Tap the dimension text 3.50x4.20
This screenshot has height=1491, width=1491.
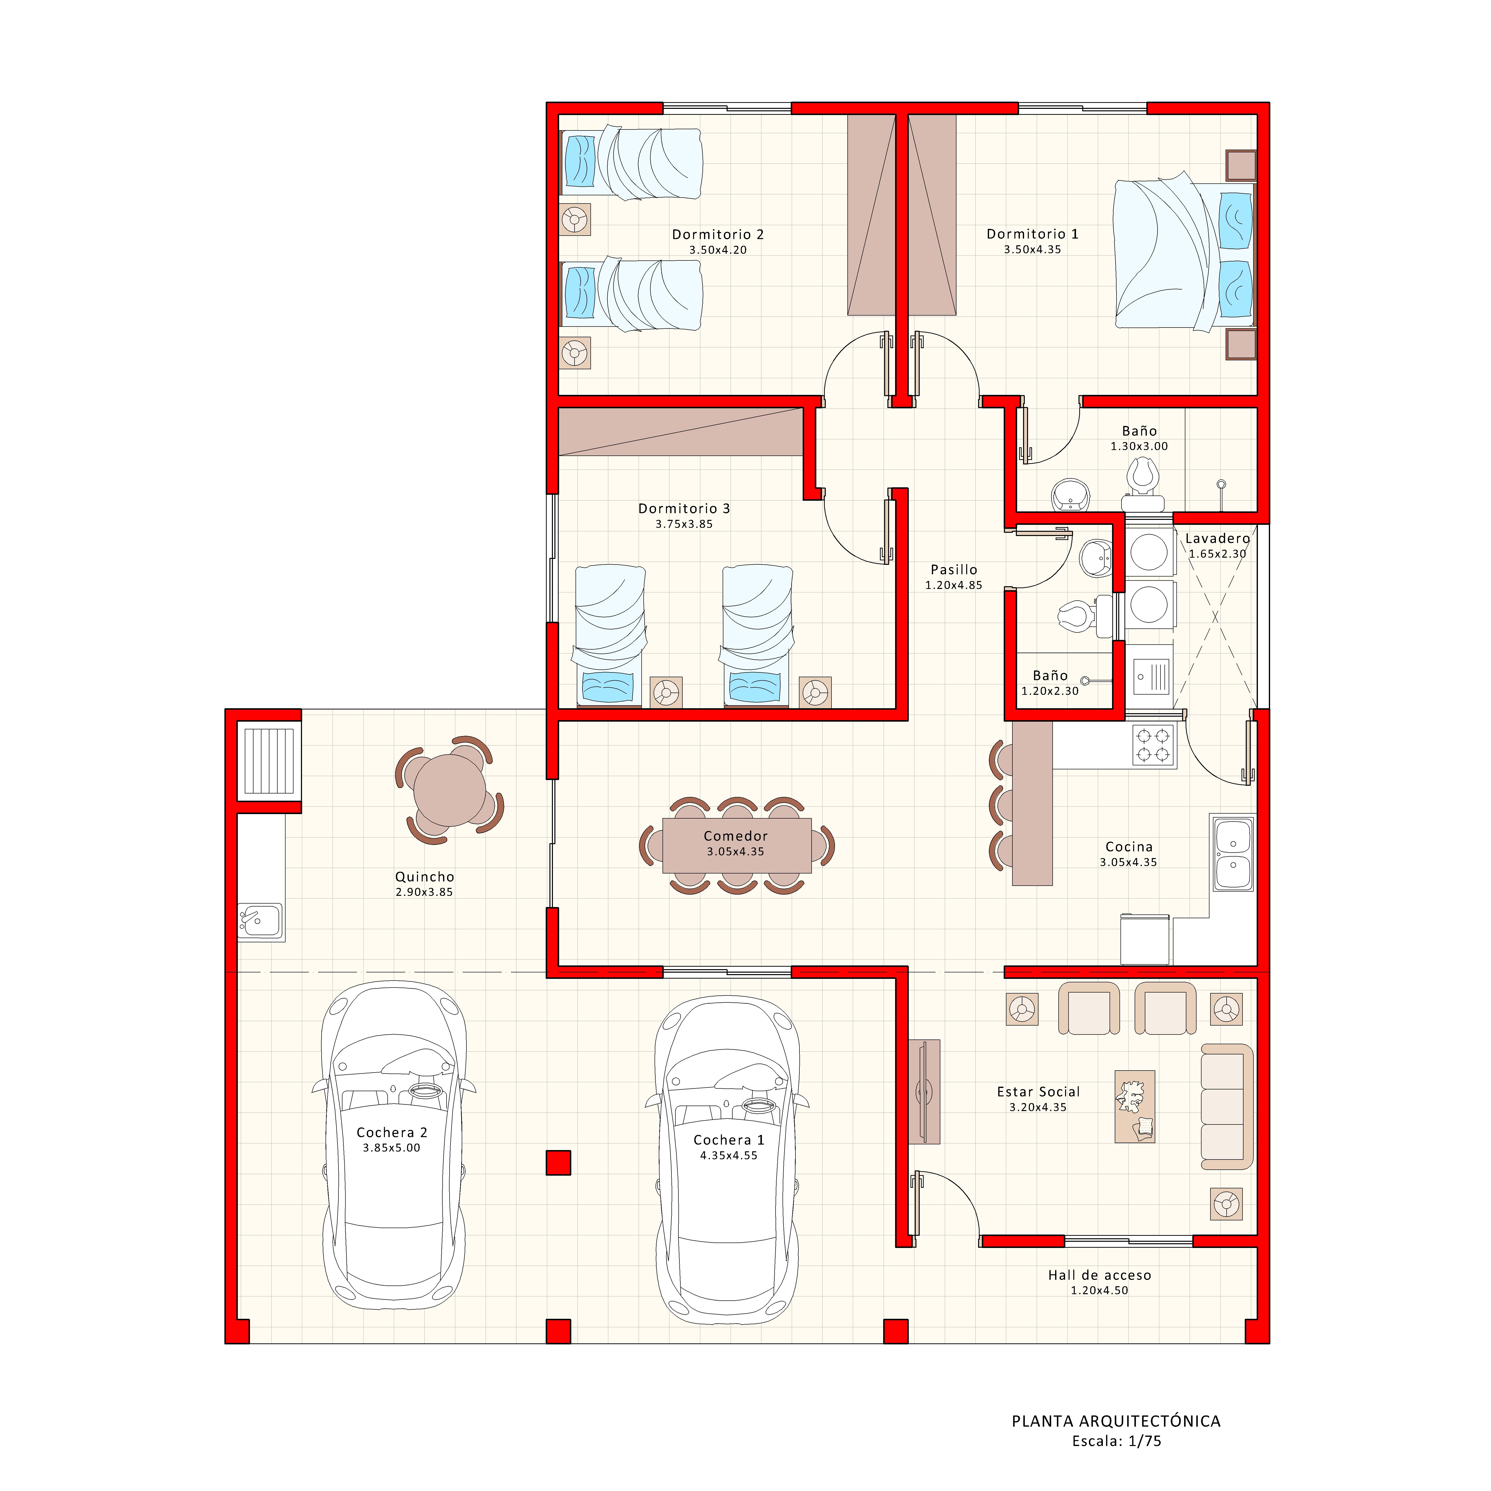[718, 250]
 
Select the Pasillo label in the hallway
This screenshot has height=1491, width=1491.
[954, 570]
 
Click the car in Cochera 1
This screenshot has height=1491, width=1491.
[728, 1158]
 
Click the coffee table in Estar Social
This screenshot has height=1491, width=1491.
[1134, 1106]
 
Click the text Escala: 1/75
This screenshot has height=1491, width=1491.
[1116, 1441]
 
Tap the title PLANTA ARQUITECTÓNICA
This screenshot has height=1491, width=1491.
[1116, 1421]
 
